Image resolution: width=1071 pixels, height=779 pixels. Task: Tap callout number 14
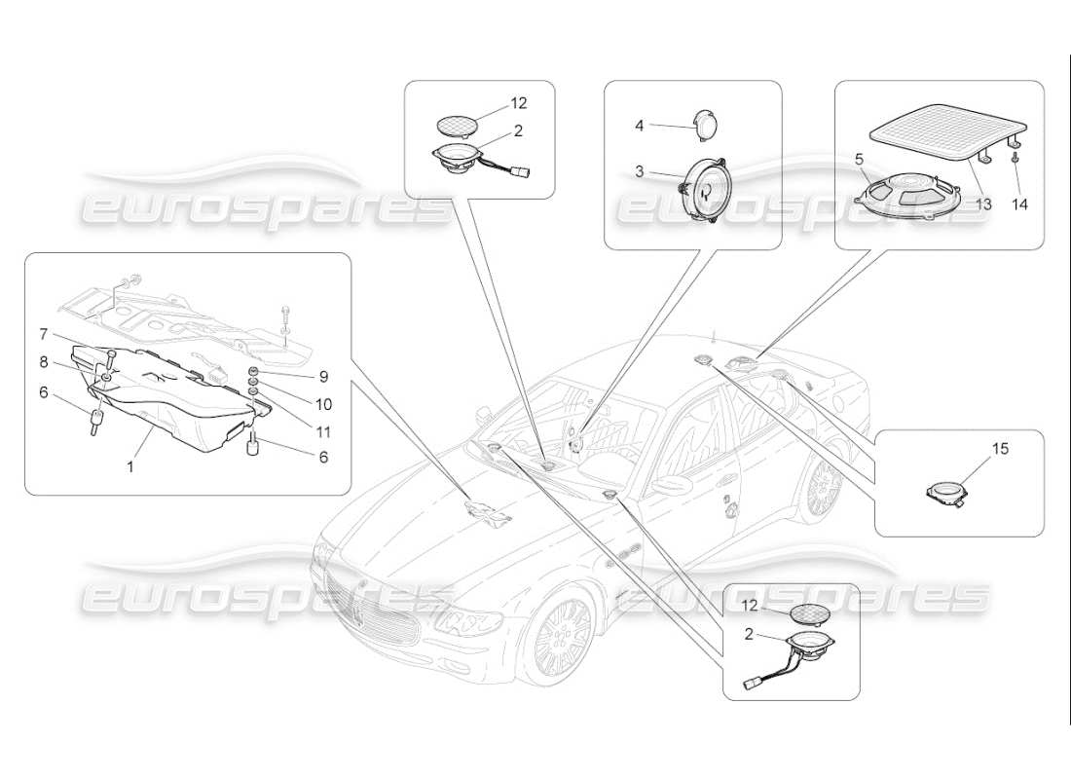(x=1018, y=205)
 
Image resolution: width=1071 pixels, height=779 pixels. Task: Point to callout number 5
(x=860, y=157)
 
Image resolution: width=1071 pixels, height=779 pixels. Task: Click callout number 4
(x=640, y=125)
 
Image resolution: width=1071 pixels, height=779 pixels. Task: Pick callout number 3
(x=640, y=171)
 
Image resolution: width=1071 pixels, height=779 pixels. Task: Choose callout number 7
(x=44, y=334)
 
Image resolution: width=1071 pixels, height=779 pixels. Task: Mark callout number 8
(x=44, y=360)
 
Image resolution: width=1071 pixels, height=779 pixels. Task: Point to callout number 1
(x=130, y=467)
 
